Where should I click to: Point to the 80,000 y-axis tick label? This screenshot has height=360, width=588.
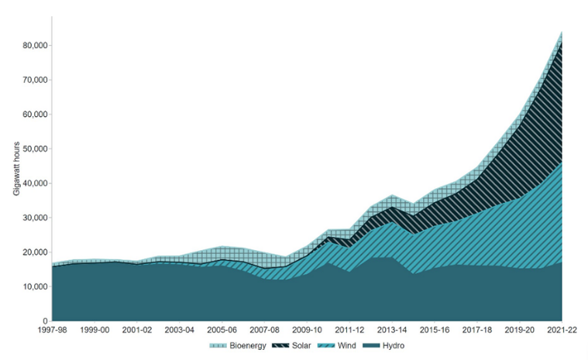pos(34,46)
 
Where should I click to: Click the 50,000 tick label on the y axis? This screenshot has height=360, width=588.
pos(34,149)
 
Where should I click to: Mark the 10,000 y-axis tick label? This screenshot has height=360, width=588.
pos(34,286)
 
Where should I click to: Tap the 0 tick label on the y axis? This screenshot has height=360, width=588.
pos(46,321)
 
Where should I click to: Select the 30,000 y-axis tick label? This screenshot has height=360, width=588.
pos(34,218)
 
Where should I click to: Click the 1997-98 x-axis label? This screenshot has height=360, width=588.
pos(52,329)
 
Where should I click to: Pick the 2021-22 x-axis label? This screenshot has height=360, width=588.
pos(562,329)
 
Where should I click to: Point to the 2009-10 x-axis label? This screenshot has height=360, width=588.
pos(307,329)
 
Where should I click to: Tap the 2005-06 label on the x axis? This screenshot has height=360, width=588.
pos(222,329)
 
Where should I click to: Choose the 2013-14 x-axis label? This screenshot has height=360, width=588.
pos(392,329)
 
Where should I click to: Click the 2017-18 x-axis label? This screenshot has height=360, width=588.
pos(476,329)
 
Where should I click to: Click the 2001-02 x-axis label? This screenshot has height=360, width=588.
pos(137,329)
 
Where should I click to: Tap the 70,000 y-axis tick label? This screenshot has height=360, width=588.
pos(34,80)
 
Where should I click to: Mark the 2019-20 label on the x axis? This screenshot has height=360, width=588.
pos(519,329)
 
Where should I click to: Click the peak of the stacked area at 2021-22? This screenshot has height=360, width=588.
pos(561,32)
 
